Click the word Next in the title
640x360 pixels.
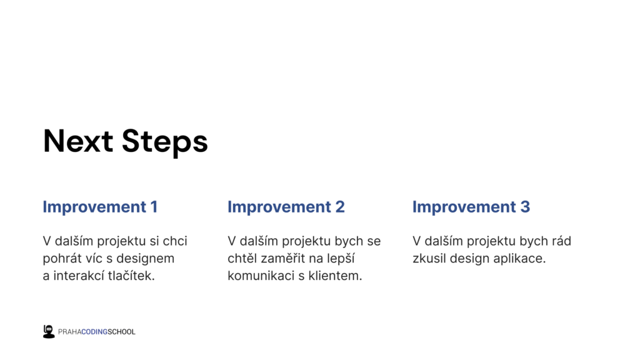(x=78, y=141)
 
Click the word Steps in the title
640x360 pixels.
(x=165, y=142)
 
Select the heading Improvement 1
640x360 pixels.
(x=100, y=207)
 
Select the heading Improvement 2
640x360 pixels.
(x=286, y=207)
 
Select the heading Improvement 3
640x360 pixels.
(x=471, y=207)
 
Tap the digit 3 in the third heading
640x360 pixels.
(x=525, y=207)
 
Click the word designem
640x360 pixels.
(x=145, y=259)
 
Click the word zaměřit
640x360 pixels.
(x=289, y=258)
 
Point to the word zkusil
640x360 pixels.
(x=429, y=258)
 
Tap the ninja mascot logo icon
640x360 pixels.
(x=49, y=331)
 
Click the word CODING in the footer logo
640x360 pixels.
(x=94, y=332)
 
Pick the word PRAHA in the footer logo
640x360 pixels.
(x=69, y=332)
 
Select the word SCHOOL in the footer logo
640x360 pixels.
(x=121, y=332)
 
